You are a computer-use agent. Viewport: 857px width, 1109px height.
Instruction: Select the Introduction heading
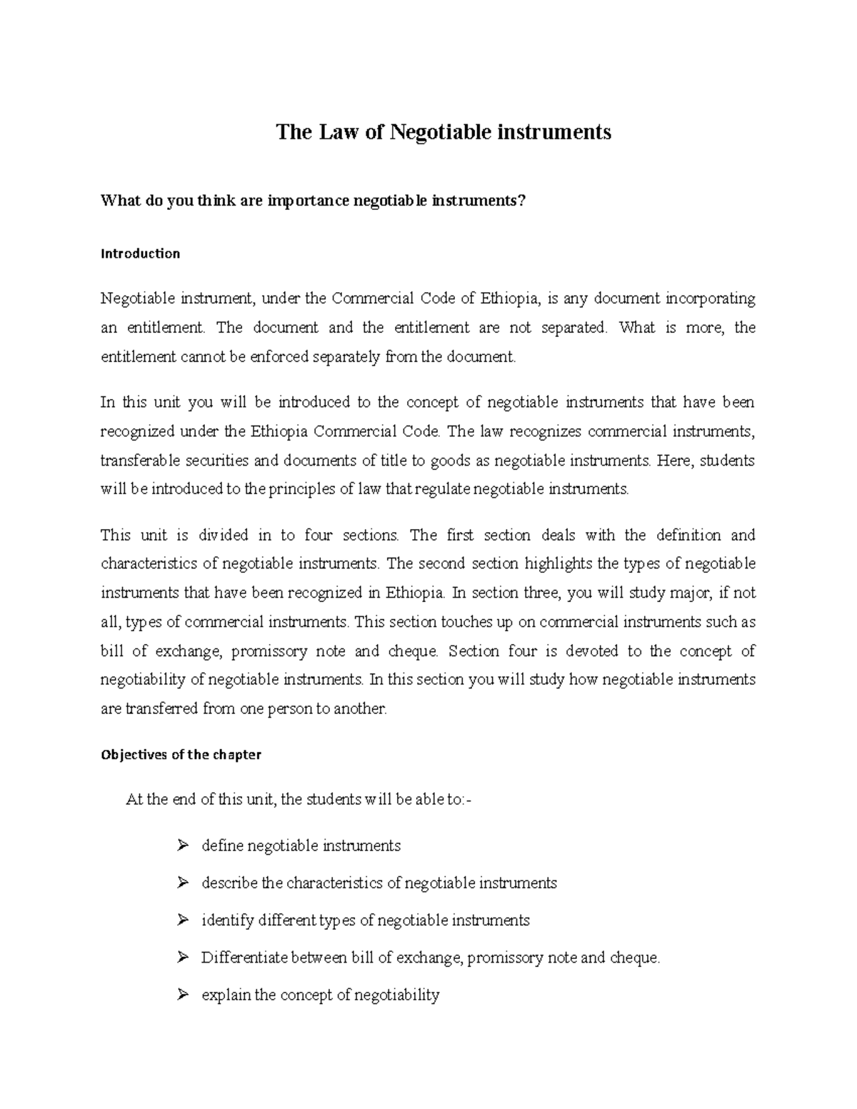pyautogui.click(x=140, y=254)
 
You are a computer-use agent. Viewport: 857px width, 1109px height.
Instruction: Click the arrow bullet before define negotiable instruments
pyautogui.click(x=182, y=846)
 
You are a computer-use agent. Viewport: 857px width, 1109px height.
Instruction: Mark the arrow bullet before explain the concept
pyautogui.click(x=182, y=995)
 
